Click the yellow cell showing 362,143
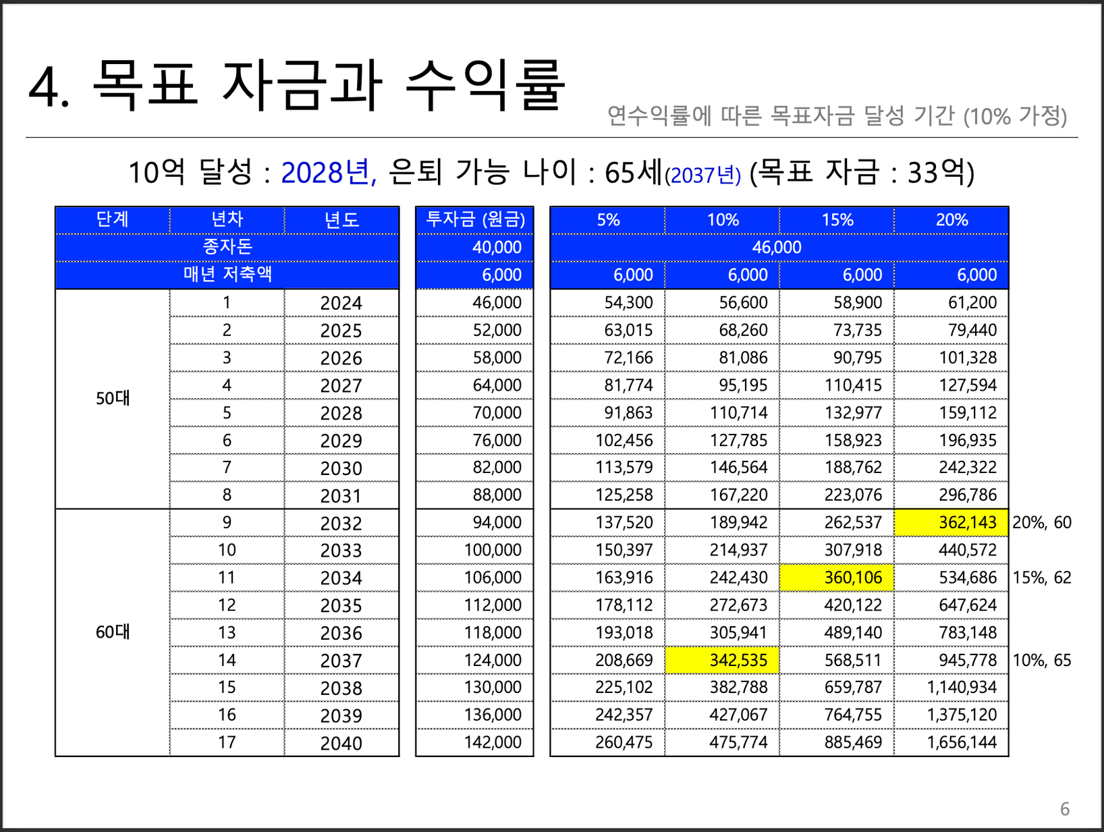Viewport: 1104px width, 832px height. [x=951, y=523]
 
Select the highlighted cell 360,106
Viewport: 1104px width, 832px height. [x=837, y=578]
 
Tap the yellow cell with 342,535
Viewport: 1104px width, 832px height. [x=722, y=661]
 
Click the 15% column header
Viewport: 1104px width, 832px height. [x=837, y=220]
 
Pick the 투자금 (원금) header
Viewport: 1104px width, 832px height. [x=475, y=220]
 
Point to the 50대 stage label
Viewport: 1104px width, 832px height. [x=113, y=399]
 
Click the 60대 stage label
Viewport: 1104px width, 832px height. [x=113, y=633]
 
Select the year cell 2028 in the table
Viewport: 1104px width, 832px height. [x=341, y=414]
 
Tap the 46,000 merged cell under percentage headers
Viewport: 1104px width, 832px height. [x=777, y=248]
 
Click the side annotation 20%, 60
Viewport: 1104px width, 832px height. [x=1042, y=523]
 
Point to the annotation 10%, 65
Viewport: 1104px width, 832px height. [x=1042, y=661]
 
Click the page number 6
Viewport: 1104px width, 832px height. [x=1065, y=809]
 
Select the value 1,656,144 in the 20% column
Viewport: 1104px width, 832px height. [x=962, y=743]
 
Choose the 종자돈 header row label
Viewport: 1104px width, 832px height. [x=227, y=248]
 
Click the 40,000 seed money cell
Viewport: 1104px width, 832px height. [x=497, y=248]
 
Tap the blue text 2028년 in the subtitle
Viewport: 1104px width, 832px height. [x=328, y=173]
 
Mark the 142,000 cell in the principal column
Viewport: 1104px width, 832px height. [x=493, y=743]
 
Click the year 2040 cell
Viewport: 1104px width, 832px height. [x=341, y=743]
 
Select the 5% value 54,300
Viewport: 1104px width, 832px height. [x=628, y=303]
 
